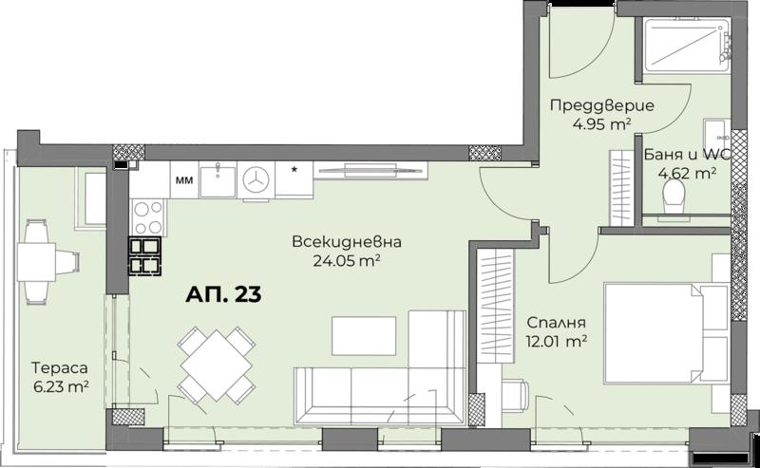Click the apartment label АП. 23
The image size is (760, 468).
click(x=223, y=294)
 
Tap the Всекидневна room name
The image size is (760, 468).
click(x=347, y=241)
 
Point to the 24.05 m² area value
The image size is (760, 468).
click(x=346, y=261)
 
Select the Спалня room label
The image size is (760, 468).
click(x=556, y=322)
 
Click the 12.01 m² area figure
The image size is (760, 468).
click(x=557, y=341)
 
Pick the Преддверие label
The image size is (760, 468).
click(x=602, y=105)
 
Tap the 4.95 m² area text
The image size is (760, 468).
click(x=601, y=124)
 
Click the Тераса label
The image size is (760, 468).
click(x=60, y=367)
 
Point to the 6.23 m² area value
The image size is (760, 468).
click(x=60, y=386)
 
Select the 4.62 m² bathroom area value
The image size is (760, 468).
click(x=687, y=173)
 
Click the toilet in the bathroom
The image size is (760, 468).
click(x=674, y=197)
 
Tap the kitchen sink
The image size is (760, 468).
click(x=218, y=179)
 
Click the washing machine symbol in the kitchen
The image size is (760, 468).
click(x=256, y=179)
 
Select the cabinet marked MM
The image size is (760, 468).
click(x=183, y=179)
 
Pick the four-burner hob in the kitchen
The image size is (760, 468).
click(x=148, y=217)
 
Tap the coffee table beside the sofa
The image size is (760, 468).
click(x=364, y=336)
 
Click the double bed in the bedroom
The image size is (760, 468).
click(x=666, y=333)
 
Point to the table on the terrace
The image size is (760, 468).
click(x=36, y=262)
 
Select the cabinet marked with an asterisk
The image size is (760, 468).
click(x=294, y=179)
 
